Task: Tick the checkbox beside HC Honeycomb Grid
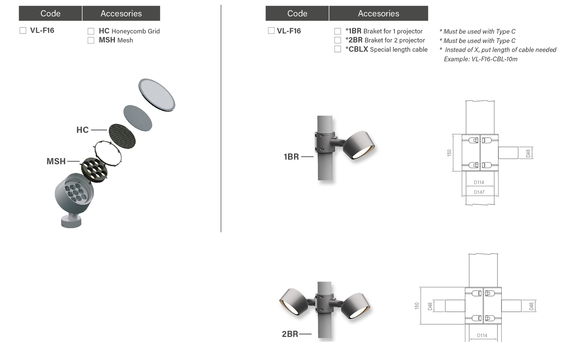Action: click(x=91, y=31)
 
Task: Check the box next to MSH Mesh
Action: click(x=91, y=40)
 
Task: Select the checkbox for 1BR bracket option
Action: click(x=338, y=31)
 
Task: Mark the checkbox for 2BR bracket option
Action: click(x=338, y=40)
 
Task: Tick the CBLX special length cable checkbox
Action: click(x=338, y=49)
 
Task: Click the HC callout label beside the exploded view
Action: click(x=82, y=130)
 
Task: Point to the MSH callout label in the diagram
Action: click(x=56, y=161)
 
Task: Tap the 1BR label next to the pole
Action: click(x=291, y=157)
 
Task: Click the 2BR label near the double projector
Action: click(x=290, y=334)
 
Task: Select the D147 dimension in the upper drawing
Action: click(x=479, y=192)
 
